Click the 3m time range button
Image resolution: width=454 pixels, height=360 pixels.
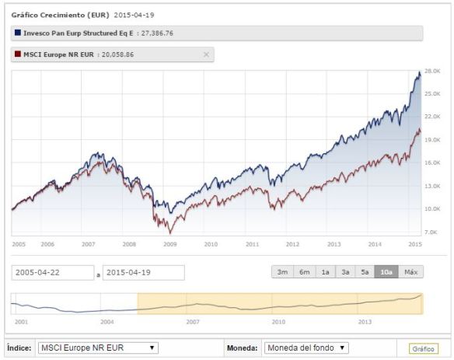(x=281, y=272)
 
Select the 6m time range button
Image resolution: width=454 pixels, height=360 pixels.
(x=303, y=272)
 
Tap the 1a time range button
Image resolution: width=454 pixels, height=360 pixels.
(x=324, y=272)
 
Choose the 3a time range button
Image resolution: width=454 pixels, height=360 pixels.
(x=345, y=272)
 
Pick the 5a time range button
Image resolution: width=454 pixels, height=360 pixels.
(x=365, y=272)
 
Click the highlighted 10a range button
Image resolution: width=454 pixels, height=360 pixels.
(x=386, y=272)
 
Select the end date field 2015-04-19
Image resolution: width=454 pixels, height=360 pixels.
(x=143, y=273)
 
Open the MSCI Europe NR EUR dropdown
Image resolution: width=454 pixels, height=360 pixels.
(x=98, y=348)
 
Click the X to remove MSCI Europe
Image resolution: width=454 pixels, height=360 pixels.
(x=206, y=54)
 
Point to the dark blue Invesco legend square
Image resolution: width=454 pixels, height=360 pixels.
(x=17, y=33)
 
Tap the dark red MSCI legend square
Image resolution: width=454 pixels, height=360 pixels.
(x=17, y=54)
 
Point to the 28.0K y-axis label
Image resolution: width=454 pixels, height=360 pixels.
(x=431, y=71)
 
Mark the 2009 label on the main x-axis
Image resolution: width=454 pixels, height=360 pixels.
(x=169, y=243)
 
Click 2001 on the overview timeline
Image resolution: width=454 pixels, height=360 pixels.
(x=21, y=320)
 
